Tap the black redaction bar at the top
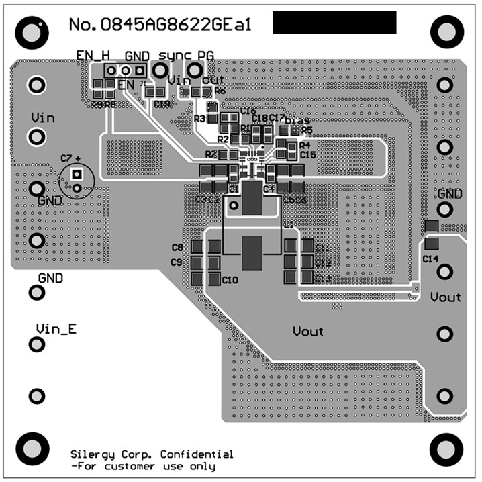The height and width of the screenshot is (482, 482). pyautogui.click(x=334, y=23)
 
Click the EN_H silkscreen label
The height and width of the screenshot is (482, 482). pyautogui.click(x=93, y=56)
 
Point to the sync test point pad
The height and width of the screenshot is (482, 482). pyautogui.click(x=160, y=70)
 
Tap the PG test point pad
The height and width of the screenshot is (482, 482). pyautogui.click(x=195, y=70)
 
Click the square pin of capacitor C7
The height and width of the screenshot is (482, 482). pyautogui.click(x=77, y=174)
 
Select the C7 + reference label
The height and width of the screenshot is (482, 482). pyautogui.click(x=70, y=158)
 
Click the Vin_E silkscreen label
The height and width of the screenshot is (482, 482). pyautogui.click(x=56, y=329)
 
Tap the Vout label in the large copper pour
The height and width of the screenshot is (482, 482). pyautogui.click(x=308, y=331)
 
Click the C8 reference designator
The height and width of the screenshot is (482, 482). pyautogui.click(x=177, y=248)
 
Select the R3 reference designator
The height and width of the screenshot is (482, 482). pyautogui.click(x=199, y=119)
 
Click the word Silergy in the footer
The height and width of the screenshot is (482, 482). pyautogui.click(x=93, y=454)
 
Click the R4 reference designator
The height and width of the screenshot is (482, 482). pyautogui.click(x=305, y=145)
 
